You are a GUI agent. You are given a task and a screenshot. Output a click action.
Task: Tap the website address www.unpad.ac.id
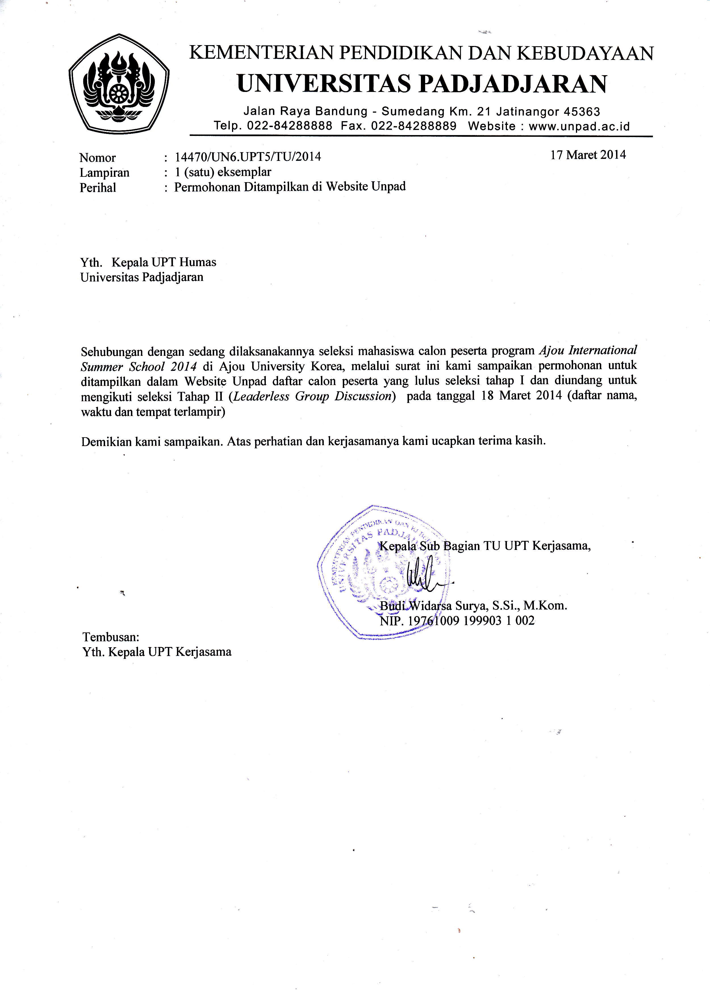point(579,126)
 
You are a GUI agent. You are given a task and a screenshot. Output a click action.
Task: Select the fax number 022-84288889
point(414,126)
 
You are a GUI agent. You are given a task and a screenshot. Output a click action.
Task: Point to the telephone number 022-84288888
point(289,126)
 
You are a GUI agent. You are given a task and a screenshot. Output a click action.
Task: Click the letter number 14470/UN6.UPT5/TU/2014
point(248,157)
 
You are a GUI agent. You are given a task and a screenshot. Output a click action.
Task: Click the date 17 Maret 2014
point(588,155)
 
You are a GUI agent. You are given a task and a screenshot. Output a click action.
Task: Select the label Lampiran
point(105,173)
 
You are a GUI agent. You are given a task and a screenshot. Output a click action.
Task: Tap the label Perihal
point(98,188)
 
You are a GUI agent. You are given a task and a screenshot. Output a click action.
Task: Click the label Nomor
point(97,158)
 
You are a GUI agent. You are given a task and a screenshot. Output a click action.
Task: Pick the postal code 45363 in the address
point(582,112)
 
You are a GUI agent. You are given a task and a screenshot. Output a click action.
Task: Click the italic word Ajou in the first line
point(549,351)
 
